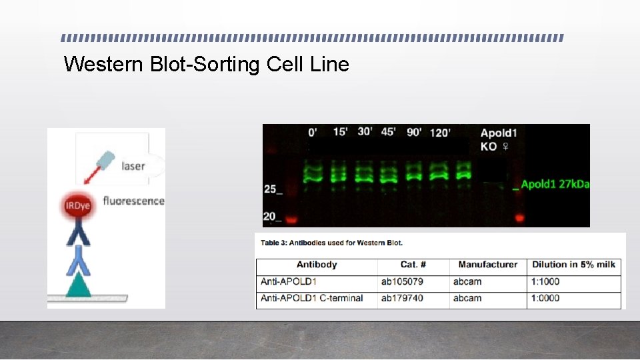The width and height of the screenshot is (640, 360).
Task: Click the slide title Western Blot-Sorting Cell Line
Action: point(206,65)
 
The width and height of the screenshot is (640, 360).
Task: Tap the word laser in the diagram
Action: point(133,165)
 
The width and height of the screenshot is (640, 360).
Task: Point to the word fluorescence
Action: point(133,200)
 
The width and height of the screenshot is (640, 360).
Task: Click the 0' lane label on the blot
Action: point(313,132)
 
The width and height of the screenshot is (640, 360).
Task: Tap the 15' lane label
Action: point(340,131)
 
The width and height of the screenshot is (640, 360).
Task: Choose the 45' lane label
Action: point(388,131)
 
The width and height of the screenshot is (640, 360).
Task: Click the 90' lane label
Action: point(413,132)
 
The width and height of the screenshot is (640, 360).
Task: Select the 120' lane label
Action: point(440,133)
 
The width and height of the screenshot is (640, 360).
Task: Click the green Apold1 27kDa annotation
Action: point(555,184)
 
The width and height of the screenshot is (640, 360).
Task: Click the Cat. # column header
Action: point(413,265)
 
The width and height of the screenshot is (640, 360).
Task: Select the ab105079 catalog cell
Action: point(402,281)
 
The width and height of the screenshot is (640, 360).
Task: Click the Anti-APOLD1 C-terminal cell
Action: point(312,298)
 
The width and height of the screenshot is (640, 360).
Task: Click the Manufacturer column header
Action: point(488,265)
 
